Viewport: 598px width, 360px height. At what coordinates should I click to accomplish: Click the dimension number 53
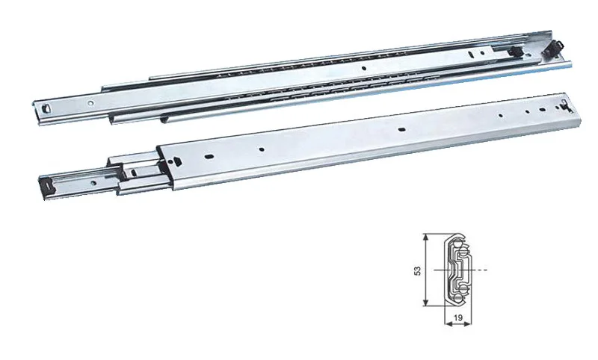point(419,270)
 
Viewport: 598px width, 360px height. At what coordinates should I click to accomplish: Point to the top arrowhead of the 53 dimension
point(425,236)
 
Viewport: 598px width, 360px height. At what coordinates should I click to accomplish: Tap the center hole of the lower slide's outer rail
point(401,129)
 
